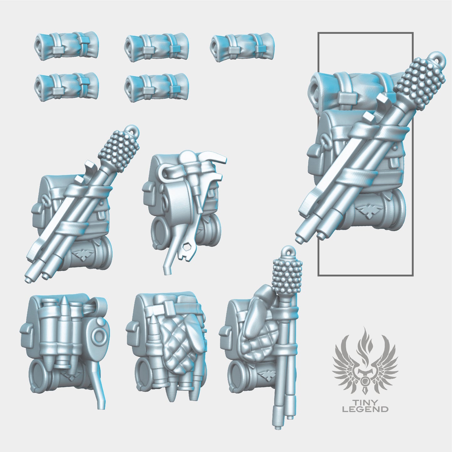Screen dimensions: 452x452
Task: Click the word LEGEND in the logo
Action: coord(365,409)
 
